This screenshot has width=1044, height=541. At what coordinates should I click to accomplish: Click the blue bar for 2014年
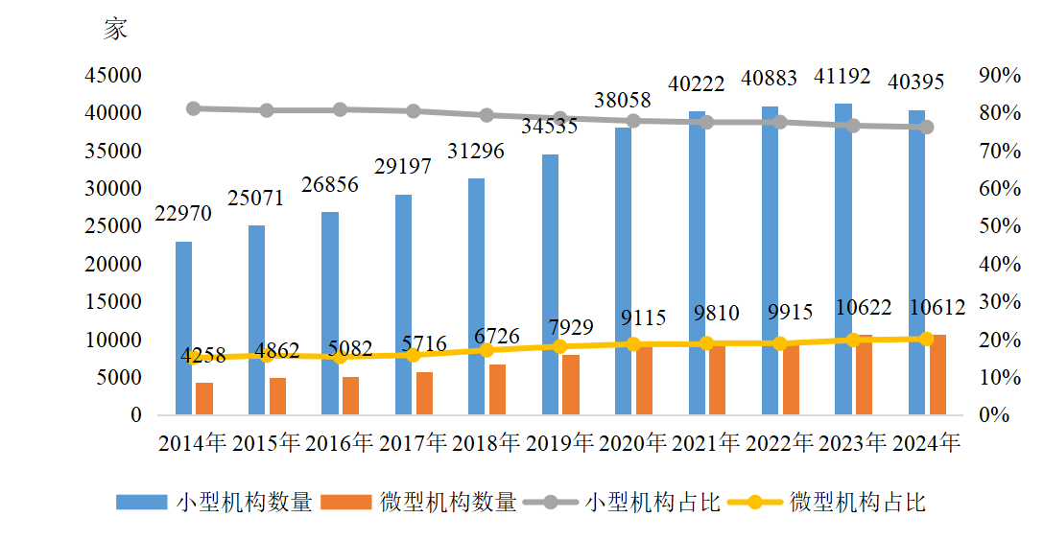(183, 328)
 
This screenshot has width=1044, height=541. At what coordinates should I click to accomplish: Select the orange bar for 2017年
(424, 393)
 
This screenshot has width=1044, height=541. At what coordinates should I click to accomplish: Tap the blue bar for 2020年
(623, 271)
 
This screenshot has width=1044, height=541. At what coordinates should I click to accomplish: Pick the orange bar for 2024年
(937, 375)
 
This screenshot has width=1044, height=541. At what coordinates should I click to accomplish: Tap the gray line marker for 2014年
(193, 108)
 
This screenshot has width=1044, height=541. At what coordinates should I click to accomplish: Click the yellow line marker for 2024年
(927, 339)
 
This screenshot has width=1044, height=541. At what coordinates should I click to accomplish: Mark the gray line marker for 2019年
(560, 118)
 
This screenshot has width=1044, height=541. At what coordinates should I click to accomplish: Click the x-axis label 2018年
(486, 443)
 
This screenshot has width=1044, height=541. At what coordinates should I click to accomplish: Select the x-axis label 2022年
(779, 443)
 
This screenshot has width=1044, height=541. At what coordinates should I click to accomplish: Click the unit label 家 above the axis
(115, 30)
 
